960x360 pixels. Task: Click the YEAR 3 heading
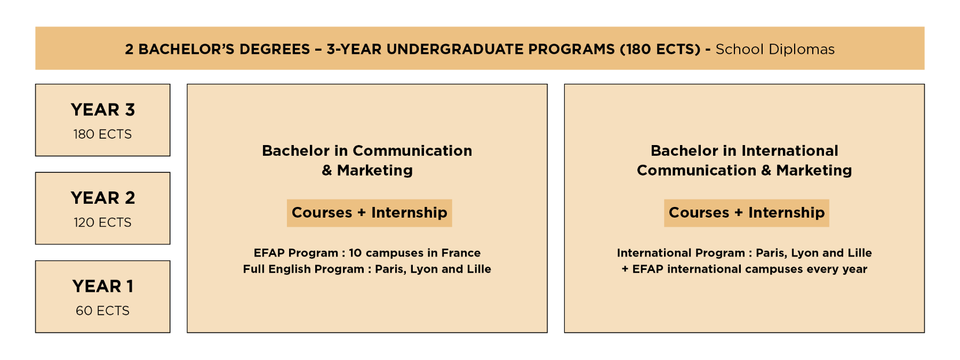[102, 110]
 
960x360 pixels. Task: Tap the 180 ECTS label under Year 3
[102, 134]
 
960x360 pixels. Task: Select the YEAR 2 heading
[102, 198]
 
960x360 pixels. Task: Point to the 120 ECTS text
[102, 222]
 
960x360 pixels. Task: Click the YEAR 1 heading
[102, 286]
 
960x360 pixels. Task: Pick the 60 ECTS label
[102, 311]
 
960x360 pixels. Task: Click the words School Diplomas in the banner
[775, 50]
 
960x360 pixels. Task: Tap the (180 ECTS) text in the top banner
[660, 50]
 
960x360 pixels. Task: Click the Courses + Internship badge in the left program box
[369, 213]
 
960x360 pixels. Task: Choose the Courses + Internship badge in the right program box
[746, 213]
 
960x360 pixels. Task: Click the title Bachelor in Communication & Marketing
[367, 160]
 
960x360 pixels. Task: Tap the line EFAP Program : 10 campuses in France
[367, 253]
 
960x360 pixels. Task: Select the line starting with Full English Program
[367, 269]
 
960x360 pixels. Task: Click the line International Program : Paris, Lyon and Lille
[744, 253]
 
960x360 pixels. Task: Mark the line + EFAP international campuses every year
[744, 269]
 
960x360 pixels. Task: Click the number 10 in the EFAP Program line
[355, 253]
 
